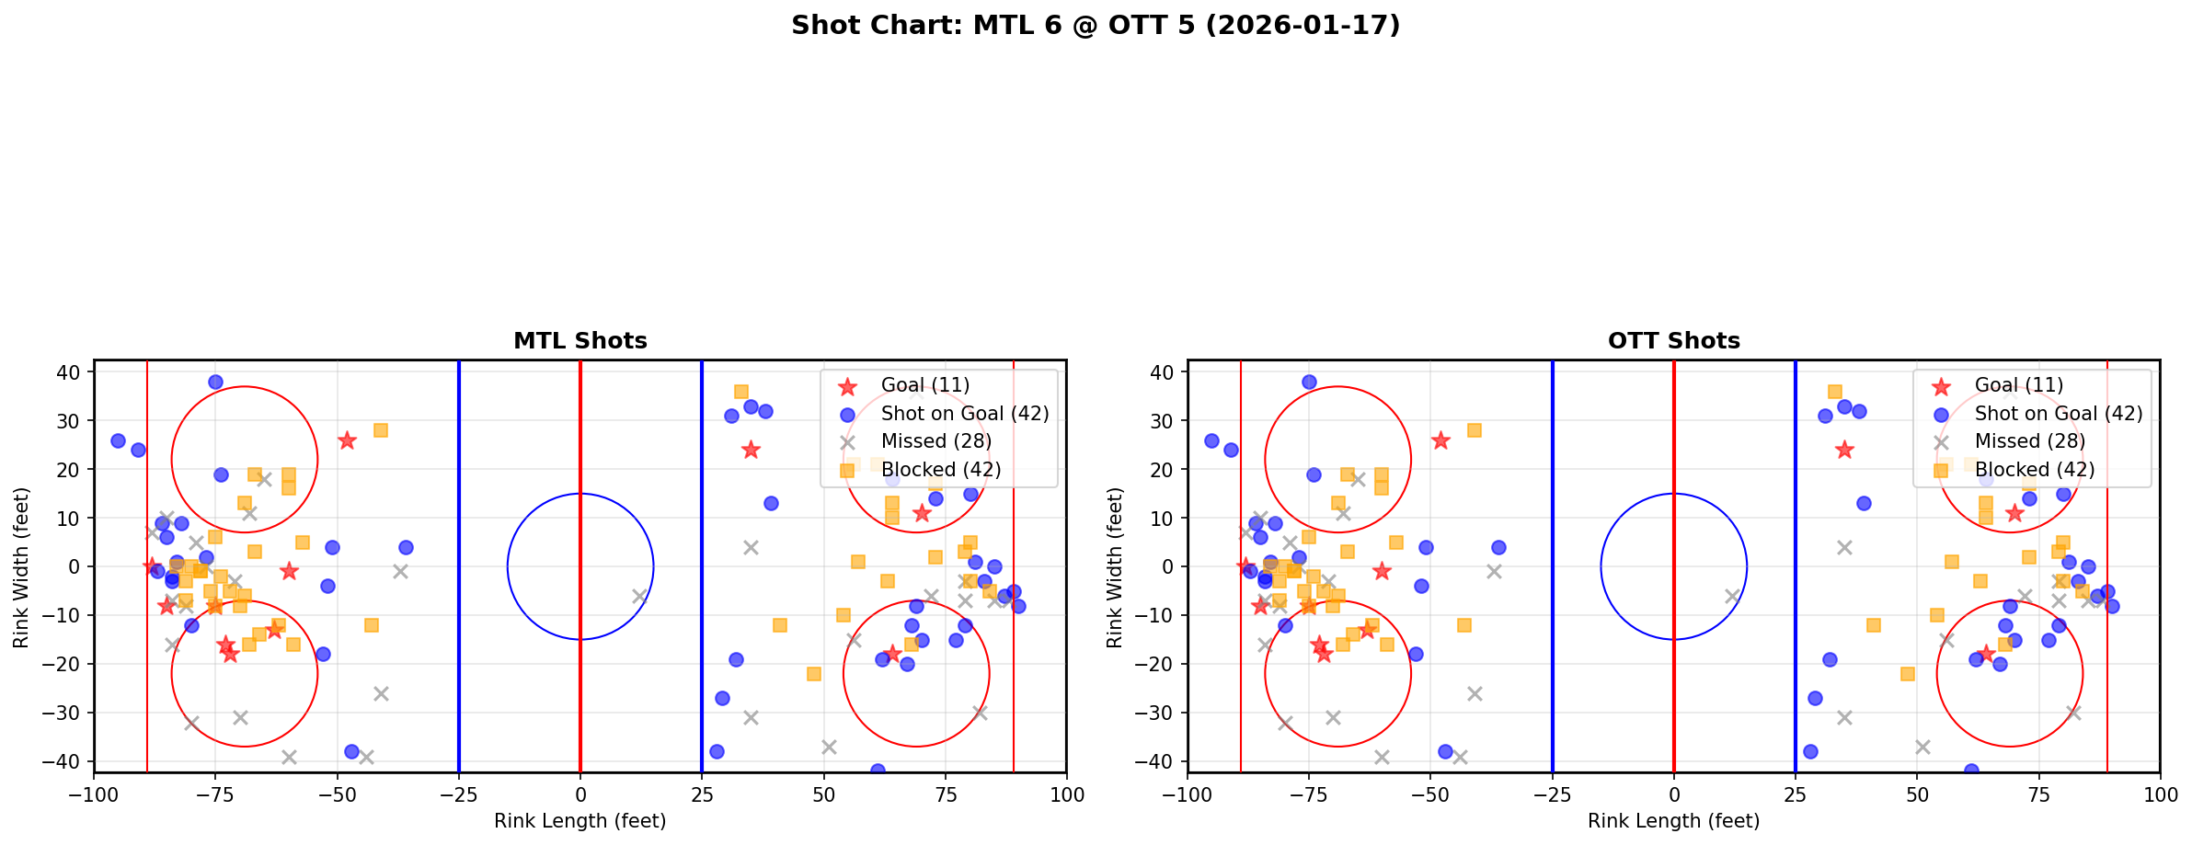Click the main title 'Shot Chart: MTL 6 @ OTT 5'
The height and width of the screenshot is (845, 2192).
point(1095,26)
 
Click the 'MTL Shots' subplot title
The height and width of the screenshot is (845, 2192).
point(580,341)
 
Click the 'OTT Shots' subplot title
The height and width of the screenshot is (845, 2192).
point(1673,341)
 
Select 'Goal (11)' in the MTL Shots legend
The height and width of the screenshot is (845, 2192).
point(924,385)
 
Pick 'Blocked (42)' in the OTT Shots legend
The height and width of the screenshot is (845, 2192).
point(2034,470)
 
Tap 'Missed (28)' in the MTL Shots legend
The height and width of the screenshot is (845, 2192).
point(935,441)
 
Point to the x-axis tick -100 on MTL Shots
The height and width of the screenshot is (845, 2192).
point(94,794)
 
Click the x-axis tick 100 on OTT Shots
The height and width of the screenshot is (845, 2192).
point(2159,794)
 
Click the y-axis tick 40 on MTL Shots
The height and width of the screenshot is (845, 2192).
point(73,372)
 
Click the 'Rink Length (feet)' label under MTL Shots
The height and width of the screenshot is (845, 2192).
point(580,821)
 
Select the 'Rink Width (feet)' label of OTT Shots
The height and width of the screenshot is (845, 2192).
point(1115,567)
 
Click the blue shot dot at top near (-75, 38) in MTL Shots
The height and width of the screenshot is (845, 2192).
point(215,382)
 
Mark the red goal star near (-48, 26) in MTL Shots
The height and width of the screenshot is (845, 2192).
point(347,440)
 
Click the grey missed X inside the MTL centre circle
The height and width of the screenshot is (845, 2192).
point(639,596)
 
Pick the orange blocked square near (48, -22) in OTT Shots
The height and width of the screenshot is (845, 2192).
point(1907,674)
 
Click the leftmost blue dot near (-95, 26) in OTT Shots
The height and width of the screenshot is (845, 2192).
point(1211,440)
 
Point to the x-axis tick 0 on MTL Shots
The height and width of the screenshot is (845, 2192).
point(580,794)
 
